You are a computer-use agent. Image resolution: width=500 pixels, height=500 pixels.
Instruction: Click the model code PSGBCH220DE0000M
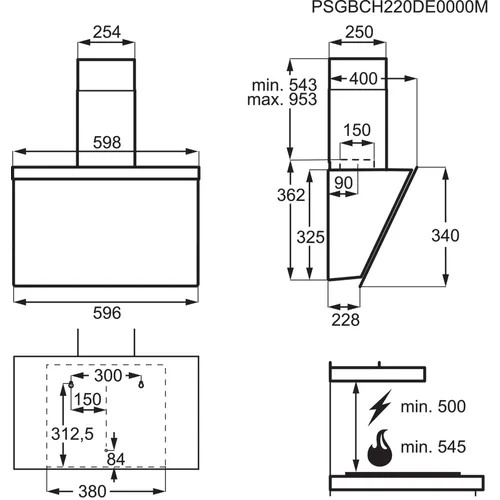click(400, 7)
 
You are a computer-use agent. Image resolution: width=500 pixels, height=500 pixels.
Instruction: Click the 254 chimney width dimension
click(107, 32)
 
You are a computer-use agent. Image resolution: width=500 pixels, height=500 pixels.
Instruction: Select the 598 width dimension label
click(107, 142)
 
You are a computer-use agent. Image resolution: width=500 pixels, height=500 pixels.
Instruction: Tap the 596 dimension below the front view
click(107, 313)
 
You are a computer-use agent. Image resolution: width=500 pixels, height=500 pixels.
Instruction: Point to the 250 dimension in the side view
click(359, 32)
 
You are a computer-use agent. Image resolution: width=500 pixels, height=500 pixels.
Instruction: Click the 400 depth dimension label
click(363, 79)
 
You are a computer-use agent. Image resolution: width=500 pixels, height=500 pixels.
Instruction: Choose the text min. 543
click(284, 85)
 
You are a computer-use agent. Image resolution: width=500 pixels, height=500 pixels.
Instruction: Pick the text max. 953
click(282, 100)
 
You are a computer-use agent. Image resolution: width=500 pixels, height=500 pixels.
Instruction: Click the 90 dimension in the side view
click(343, 183)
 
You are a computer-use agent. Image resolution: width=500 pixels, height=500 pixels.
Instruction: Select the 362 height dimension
click(291, 195)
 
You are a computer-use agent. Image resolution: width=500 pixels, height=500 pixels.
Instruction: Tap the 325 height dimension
click(311, 237)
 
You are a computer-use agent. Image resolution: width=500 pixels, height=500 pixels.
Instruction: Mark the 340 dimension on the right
click(445, 236)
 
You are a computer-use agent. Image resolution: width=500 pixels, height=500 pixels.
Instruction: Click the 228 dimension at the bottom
click(345, 320)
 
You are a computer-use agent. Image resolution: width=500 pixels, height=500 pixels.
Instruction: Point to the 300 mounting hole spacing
click(108, 376)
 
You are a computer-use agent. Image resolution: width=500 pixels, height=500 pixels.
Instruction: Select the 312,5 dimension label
click(72, 434)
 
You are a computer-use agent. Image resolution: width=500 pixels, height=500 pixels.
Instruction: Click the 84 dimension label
click(116, 459)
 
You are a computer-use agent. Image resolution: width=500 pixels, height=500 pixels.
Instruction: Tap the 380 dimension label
click(92, 491)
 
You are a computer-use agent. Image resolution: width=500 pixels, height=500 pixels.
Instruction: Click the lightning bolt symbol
click(380, 407)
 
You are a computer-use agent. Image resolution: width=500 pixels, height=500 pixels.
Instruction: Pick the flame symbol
click(380, 448)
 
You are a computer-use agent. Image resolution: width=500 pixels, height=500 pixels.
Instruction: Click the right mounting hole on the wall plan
click(141, 385)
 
